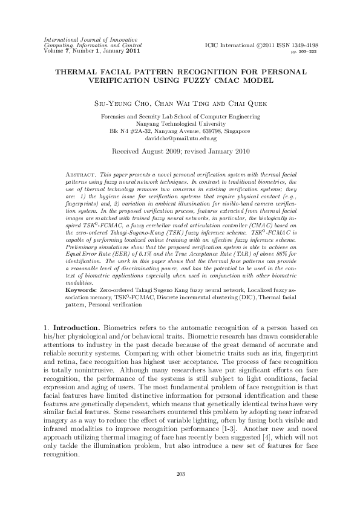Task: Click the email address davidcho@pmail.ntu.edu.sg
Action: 180,137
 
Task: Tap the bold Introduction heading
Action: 71,326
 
